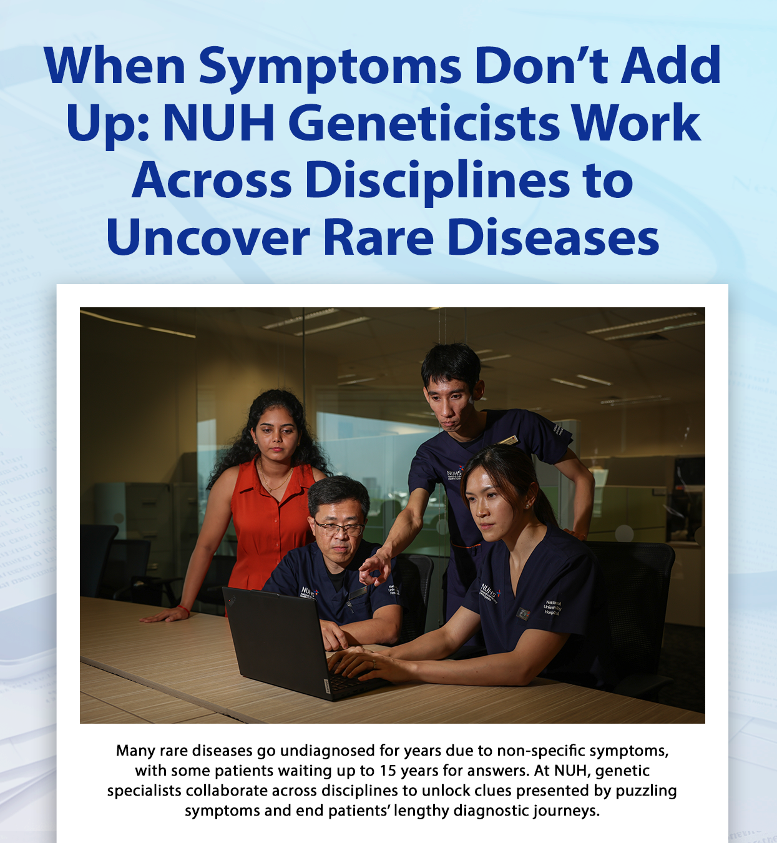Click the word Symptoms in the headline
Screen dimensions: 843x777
point(330,66)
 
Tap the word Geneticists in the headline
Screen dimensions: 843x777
point(424,123)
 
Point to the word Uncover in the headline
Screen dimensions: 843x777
point(208,238)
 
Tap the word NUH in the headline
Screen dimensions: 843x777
point(218,123)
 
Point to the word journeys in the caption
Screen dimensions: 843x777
point(566,811)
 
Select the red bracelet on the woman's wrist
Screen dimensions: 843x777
point(183,608)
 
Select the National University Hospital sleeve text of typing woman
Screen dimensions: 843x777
point(552,608)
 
